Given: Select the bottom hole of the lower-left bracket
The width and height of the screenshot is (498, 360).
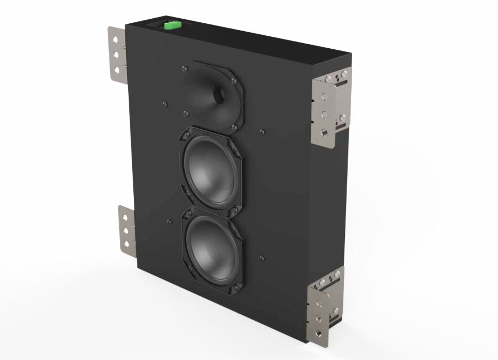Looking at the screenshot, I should click(125, 244).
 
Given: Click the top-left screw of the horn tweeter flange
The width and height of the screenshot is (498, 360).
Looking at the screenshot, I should click(185, 67).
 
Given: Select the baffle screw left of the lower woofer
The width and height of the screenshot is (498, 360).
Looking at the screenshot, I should click(170, 221).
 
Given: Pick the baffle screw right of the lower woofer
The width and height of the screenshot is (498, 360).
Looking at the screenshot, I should click(261, 257).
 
